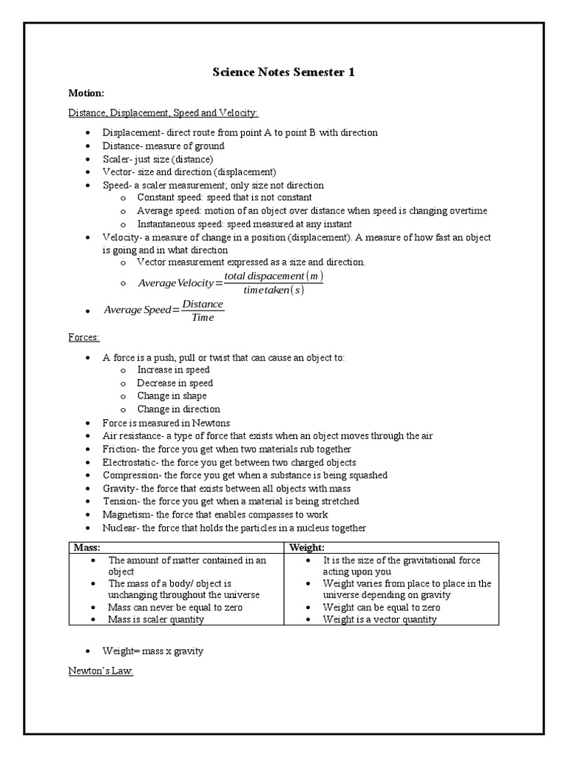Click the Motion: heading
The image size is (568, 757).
tap(86, 94)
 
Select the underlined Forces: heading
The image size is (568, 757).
tap(84, 337)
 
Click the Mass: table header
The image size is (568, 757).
tap(87, 548)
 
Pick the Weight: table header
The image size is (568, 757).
tap(308, 548)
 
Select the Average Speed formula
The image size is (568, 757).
tap(163, 310)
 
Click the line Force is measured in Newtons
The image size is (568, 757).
tap(166, 423)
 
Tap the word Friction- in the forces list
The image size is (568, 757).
tap(120, 449)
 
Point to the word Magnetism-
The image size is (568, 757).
tap(127, 515)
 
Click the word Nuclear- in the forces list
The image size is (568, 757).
tap(121, 528)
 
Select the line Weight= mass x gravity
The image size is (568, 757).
tap(153, 651)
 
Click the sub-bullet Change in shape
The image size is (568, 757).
tap(172, 396)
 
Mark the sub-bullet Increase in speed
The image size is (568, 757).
tap(173, 370)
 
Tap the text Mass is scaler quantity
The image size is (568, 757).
tap(156, 619)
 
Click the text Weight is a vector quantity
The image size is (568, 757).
tap(379, 619)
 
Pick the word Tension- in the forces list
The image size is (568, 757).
tap(121, 501)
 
